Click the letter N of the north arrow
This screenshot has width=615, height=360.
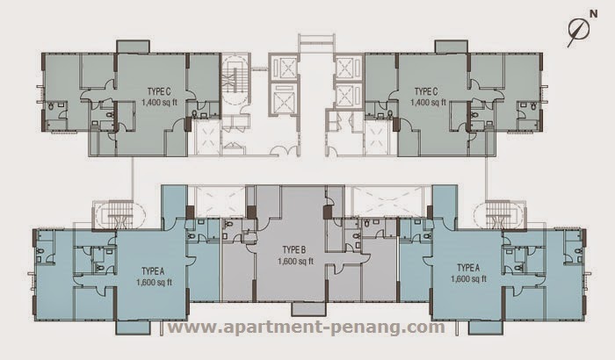(x=593, y=14)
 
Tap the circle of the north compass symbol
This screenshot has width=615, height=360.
(x=579, y=30)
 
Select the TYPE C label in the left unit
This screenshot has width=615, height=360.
(x=159, y=92)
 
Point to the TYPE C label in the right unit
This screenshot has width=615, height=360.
(x=426, y=92)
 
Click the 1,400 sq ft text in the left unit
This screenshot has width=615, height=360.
(x=159, y=103)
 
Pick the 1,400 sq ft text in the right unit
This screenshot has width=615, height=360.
(x=429, y=103)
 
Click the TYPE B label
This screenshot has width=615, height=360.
(x=294, y=249)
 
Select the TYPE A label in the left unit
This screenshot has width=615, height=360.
(x=153, y=271)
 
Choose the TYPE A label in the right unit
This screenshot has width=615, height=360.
(x=468, y=268)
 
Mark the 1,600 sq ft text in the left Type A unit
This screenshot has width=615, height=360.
(x=154, y=283)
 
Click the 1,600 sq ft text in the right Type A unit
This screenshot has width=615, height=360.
(x=468, y=279)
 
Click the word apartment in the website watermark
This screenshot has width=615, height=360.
(x=264, y=327)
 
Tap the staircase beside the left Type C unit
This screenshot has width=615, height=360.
(x=235, y=81)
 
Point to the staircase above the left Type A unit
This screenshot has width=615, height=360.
(x=118, y=215)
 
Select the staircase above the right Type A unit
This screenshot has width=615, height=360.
(x=499, y=215)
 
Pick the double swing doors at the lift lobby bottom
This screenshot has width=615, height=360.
(x=285, y=151)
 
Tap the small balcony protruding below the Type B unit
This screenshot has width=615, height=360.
(x=308, y=309)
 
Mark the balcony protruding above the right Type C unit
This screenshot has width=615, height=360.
(x=451, y=47)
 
